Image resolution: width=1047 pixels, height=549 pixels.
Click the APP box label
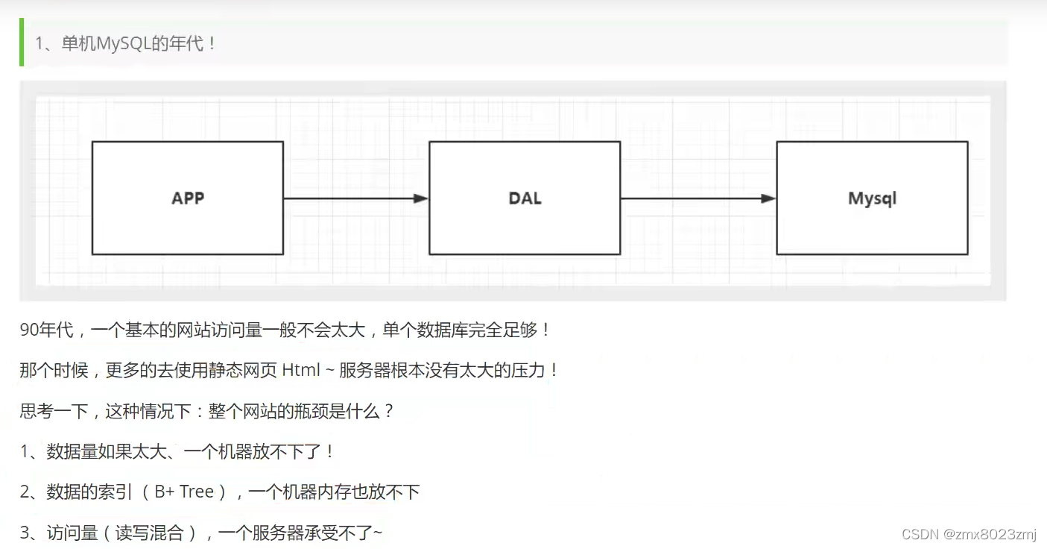188,198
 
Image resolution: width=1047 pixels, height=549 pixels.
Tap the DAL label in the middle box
525,198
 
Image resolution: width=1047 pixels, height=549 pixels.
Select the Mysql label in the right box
872,198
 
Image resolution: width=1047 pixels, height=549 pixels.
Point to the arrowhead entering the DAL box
421,198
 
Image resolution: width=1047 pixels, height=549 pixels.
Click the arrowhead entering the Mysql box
768,198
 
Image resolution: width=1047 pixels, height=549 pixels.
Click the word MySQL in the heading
124,43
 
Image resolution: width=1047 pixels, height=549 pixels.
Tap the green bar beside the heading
22,43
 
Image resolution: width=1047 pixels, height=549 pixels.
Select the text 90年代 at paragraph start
47,330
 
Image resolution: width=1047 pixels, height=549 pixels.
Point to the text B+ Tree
184,492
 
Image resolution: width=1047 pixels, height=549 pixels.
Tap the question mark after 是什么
388,411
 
